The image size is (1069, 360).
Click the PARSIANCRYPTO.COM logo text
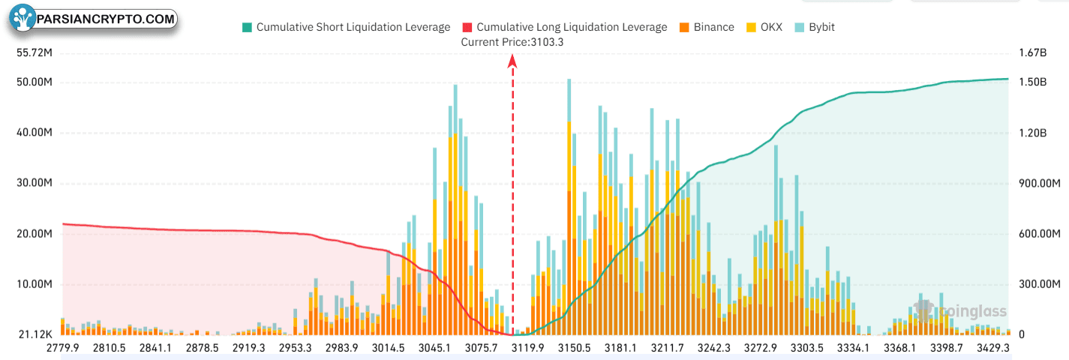point(106,19)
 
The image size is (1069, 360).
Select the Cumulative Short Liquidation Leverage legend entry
point(346,27)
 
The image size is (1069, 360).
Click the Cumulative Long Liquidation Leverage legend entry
point(565,27)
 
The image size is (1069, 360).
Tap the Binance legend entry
point(707,27)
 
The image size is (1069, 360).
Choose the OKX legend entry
point(764,27)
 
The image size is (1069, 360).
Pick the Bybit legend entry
point(815,27)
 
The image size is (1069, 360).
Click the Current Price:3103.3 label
point(512,42)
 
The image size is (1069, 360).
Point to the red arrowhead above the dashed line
point(512,61)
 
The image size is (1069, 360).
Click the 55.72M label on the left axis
point(35,53)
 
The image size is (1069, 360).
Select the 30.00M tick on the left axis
point(35,183)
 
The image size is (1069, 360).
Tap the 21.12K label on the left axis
point(35,334)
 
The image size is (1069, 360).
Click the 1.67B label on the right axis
point(1033,53)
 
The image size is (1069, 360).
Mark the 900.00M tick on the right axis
point(1040,183)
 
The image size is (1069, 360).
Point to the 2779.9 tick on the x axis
point(62,348)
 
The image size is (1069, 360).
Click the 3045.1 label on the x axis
point(435,348)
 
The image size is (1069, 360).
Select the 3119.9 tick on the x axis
point(528,348)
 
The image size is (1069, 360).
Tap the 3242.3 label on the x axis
point(714,348)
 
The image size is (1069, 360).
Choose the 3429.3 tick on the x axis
point(993,348)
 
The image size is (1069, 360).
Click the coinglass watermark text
point(973,312)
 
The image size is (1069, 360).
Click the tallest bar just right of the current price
point(569,207)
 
